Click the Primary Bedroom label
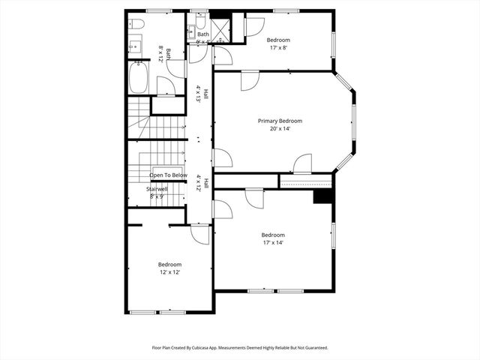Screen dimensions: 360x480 point(280,121)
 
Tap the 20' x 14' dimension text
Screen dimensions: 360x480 point(280,128)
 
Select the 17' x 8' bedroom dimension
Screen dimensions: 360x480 point(278,46)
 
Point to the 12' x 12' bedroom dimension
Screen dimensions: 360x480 point(169,272)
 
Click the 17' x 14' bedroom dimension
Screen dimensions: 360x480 point(272,242)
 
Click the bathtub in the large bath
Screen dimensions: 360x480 point(138,77)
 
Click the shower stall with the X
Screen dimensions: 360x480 point(220,30)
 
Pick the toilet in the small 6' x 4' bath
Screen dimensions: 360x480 point(200,22)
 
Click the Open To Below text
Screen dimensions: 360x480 point(168,175)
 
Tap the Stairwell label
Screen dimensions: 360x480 point(157,189)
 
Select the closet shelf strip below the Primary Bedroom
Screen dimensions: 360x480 point(305,181)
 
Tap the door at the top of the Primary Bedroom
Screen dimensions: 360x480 point(250,80)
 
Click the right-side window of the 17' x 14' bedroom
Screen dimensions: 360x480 point(334,235)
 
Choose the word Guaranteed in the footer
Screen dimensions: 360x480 point(311,348)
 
